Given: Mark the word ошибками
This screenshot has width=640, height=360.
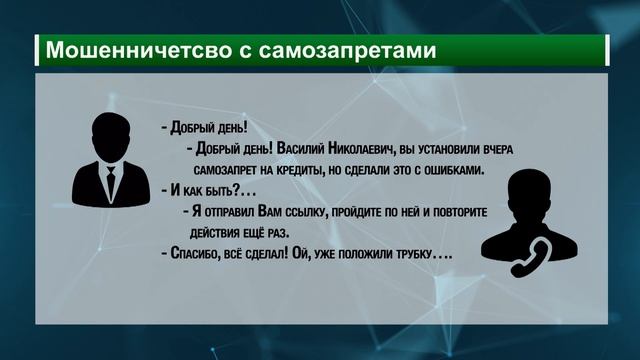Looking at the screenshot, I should (x=452, y=170).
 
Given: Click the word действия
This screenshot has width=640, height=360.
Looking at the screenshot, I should (x=215, y=234).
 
